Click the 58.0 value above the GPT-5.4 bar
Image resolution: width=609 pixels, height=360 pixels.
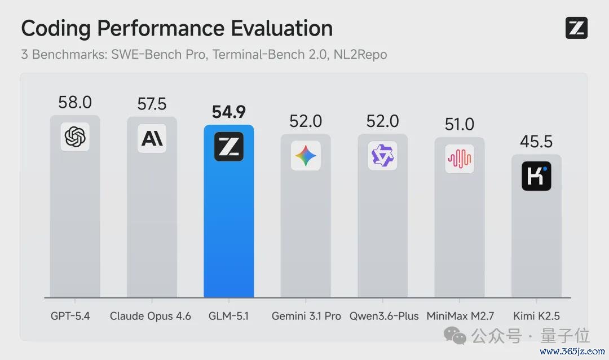click(x=75, y=103)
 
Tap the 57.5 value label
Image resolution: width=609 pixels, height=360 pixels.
click(x=152, y=104)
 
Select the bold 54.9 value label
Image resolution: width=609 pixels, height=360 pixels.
click(x=229, y=112)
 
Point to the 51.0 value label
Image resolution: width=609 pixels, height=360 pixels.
click(x=460, y=124)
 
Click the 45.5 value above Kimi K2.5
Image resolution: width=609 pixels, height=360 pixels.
click(x=536, y=142)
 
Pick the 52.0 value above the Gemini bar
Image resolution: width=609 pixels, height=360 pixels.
click(x=306, y=121)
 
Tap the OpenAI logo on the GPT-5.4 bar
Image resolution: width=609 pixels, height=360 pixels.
click(x=75, y=137)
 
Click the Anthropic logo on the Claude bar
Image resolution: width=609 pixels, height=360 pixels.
click(x=152, y=138)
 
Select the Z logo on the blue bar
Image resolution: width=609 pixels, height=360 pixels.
click(x=229, y=147)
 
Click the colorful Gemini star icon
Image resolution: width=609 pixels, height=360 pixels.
click(x=306, y=156)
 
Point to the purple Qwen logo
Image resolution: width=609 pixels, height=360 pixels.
click(x=382, y=156)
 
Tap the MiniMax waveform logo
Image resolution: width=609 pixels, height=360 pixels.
click(x=460, y=159)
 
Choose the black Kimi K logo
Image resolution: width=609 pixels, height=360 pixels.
click(x=536, y=176)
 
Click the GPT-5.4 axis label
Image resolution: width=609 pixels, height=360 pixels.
click(x=70, y=316)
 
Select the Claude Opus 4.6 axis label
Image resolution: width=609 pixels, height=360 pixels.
click(x=151, y=316)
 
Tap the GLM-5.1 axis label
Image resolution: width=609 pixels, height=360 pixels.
click(x=228, y=316)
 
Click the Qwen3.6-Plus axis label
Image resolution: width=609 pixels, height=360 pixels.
click(x=384, y=316)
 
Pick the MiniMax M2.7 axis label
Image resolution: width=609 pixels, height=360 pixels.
click(x=460, y=316)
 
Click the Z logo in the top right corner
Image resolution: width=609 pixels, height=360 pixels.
click(x=576, y=28)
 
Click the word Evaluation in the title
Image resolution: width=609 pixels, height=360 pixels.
click(x=281, y=28)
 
